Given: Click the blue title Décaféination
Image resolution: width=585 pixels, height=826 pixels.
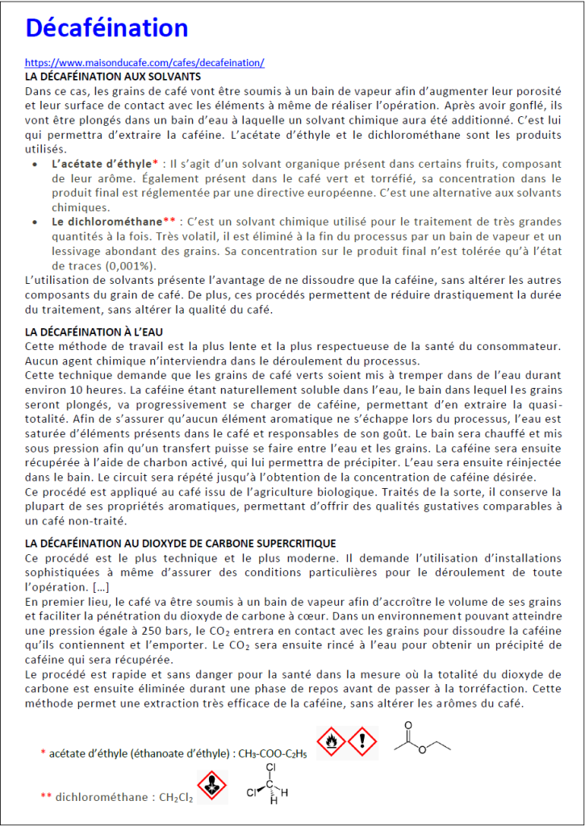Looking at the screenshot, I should [107, 29].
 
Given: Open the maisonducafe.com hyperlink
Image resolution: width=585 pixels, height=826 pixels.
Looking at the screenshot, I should [144, 62].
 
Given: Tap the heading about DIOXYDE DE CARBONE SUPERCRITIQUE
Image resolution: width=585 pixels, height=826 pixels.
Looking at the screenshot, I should [181, 544].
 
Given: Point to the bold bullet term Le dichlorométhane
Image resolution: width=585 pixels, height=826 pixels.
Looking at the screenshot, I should [107, 221].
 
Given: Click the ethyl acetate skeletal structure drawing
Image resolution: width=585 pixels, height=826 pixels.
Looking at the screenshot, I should [421, 738].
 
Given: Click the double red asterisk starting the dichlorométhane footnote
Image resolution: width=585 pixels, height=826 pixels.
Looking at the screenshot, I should [46, 797].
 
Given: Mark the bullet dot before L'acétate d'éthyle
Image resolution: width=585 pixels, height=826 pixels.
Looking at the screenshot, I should [33, 164].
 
